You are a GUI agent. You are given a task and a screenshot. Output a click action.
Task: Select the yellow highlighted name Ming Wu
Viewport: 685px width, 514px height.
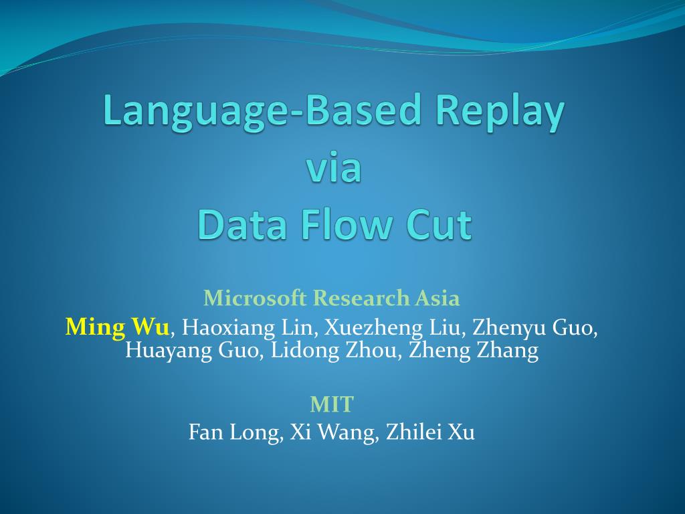pos(118,327)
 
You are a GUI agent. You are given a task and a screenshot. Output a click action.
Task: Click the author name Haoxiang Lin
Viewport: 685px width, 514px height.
pos(252,328)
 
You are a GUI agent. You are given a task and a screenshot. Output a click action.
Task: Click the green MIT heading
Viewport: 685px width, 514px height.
pos(332,404)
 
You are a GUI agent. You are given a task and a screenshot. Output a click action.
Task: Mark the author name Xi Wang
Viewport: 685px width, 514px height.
pos(334,432)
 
